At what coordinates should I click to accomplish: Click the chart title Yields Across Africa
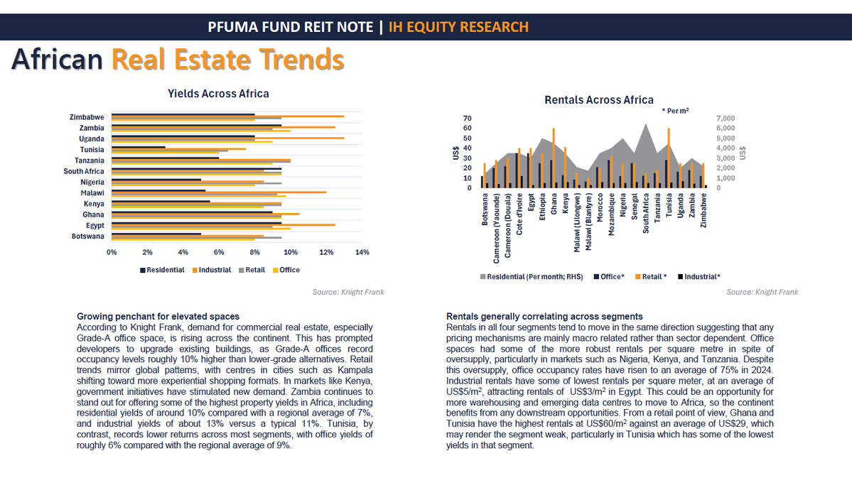(218, 94)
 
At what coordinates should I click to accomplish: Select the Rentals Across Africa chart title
(598, 100)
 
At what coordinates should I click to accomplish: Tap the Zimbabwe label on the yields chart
(87, 117)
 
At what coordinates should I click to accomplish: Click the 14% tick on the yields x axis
(362, 252)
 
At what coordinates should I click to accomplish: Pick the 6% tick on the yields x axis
(219, 252)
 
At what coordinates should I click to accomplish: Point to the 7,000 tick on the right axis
(725, 119)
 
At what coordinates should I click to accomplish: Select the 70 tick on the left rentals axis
(467, 119)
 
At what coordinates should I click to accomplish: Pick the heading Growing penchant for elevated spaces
(158, 316)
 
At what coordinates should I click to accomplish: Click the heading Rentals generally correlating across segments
(544, 316)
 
